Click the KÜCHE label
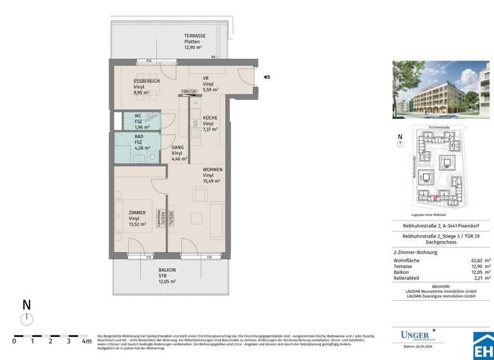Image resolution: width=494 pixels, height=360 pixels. [210, 118]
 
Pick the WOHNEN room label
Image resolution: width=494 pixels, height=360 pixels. [212, 170]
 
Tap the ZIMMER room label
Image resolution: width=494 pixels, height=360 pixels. [136, 213]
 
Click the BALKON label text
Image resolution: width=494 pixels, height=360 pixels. [167, 271]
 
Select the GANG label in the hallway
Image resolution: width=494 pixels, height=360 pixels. [178, 147]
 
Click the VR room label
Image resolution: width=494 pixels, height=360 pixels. [206, 78]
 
